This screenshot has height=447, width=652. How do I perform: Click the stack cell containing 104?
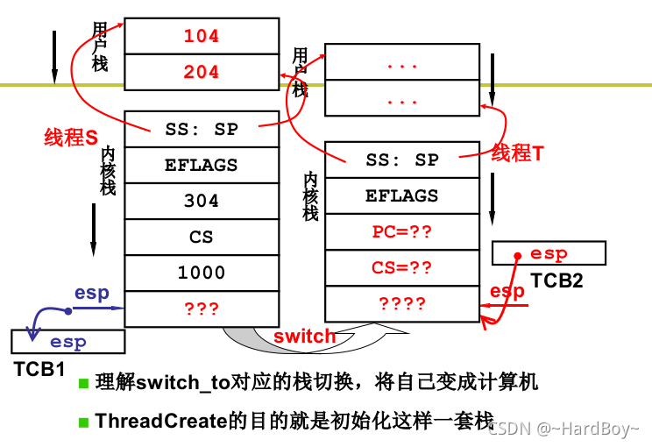202,36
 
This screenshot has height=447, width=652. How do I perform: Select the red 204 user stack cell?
202,72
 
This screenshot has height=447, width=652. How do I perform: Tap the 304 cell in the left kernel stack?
202,201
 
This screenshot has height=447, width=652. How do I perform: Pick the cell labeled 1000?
202,273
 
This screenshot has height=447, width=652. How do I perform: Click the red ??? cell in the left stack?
202,309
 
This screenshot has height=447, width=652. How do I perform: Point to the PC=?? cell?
402,232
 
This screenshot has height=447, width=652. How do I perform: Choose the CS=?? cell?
402,268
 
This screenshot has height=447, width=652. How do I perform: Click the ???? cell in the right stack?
402,304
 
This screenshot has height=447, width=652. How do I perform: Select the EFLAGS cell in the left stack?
202,165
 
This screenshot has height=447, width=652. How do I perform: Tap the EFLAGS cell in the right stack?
402,195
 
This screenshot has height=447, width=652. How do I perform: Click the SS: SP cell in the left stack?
202,129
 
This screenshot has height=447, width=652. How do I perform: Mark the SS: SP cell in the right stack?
402,160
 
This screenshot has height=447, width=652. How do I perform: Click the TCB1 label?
39,369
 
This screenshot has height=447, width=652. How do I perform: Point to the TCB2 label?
556,281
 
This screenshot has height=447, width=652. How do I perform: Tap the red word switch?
304,337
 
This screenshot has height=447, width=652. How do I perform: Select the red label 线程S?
70,137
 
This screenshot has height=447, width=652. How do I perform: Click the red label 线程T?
517,153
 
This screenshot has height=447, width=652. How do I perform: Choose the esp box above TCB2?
549,254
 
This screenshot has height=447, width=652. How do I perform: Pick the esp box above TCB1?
67,342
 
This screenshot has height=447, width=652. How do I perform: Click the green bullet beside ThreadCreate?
84,421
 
